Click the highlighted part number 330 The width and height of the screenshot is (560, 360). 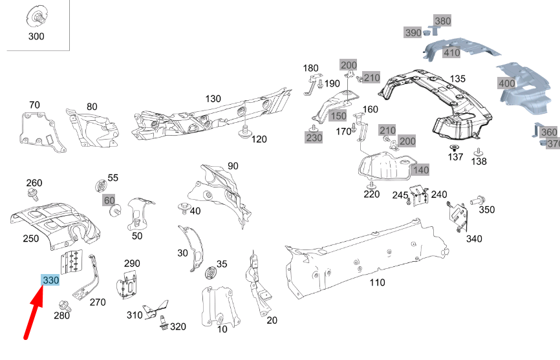click(50, 281)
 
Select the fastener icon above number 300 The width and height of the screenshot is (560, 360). click(36, 16)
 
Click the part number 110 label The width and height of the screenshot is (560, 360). click(377, 282)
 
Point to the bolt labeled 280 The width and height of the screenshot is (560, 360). click(64, 304)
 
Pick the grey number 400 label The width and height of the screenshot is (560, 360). click(506, 83)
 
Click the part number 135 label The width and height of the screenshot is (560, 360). click(457, 79)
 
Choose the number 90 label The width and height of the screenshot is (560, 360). click(233, 166)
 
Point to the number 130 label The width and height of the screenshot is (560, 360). click(213, 99)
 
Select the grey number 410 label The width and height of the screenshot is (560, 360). click(451, 53)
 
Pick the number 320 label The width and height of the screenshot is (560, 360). click(178, 327)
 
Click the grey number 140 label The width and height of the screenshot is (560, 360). click(421, 170)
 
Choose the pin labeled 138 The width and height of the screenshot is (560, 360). click(478, 151)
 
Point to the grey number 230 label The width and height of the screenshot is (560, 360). click(314, 138)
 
